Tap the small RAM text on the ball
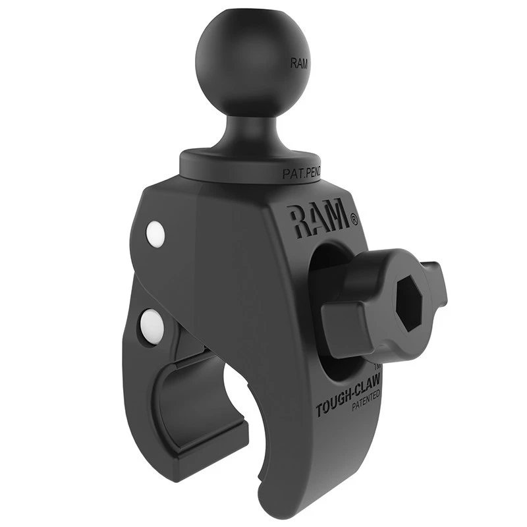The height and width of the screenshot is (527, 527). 298,64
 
